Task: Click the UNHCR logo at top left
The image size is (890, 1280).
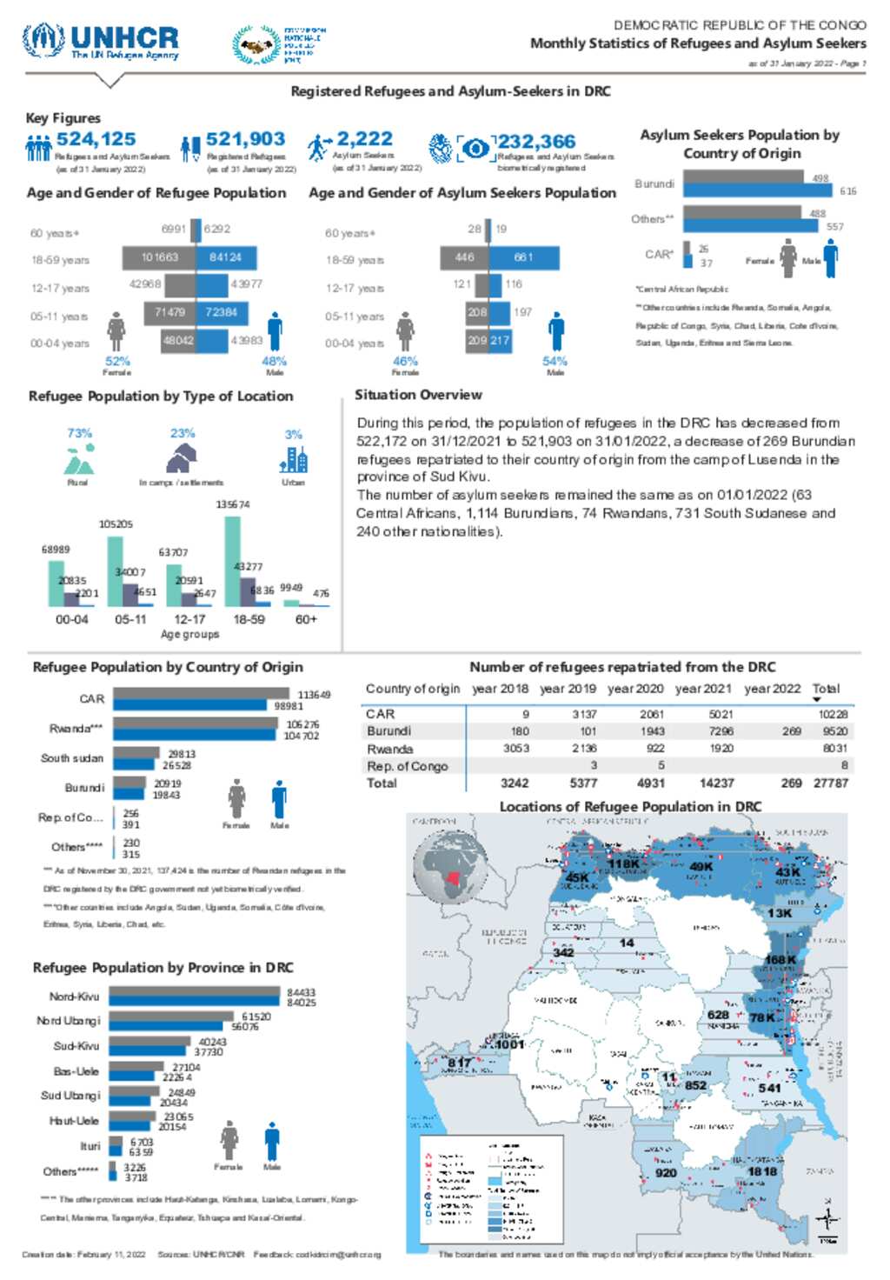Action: (x=101, y=41)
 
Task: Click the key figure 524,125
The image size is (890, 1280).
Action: (x=96, y=139)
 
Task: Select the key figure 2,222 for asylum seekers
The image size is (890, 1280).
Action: (x=364, y=139)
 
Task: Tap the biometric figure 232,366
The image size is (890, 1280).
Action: (x=536, y=142)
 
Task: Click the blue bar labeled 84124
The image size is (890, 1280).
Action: (x=225, y=257)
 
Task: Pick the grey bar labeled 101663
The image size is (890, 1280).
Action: (x=159, y=257)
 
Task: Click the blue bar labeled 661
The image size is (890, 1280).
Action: (x=523, y=257)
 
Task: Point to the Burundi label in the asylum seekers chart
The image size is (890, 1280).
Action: (x=654, y=184)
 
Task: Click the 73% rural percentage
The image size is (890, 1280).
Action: (x=79, y=433)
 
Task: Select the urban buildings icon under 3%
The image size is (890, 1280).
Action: (x=294, y=459)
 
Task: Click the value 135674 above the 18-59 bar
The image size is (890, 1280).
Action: (x=232, y=504)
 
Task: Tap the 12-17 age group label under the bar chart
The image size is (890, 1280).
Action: (x=189, y=619)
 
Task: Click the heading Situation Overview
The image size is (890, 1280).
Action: (x=418, y=395)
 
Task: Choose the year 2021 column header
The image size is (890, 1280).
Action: (x=703, y=689)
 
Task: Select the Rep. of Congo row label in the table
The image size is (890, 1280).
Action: (x=407, y=766)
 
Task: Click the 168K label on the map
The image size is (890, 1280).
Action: (x=780, y=960)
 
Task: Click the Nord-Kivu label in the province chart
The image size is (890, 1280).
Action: (x=74, y=997)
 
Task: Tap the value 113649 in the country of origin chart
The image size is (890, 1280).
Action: (x=314, y=695)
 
